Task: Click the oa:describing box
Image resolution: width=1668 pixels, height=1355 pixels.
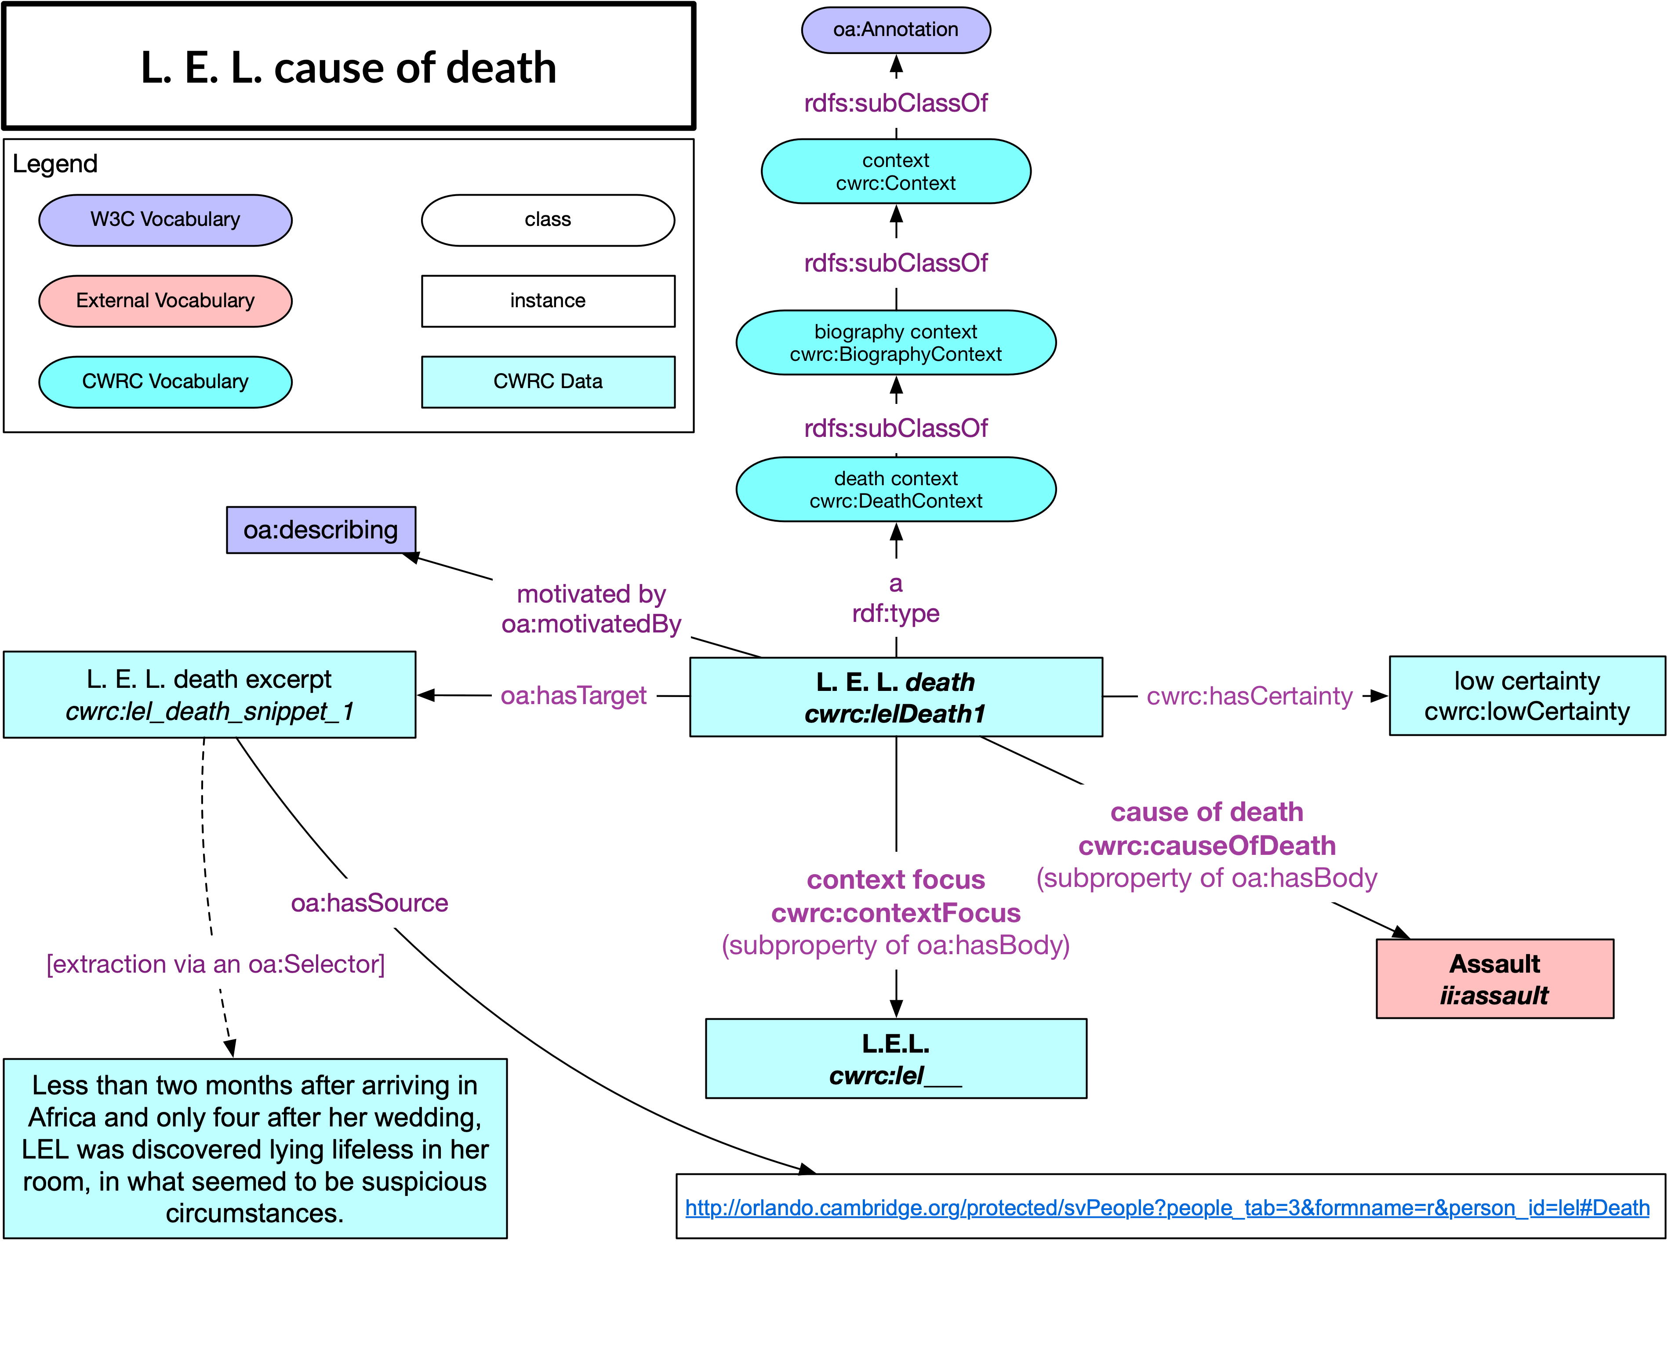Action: click(321, 530)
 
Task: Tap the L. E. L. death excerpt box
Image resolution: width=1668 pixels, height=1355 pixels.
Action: click(209, 695)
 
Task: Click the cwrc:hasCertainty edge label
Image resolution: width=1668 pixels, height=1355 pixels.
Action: click(1249, 695)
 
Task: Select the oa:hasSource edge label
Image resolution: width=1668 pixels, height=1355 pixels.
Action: click(369, 903)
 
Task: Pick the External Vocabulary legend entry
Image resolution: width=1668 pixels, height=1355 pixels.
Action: click(165, 301)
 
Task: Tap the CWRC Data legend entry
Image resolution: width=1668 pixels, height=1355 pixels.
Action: click(548, 381)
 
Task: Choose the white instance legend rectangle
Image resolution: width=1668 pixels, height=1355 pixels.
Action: click(548, 301)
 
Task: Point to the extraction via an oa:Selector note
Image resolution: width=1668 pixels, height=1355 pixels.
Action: click(215, 964)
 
